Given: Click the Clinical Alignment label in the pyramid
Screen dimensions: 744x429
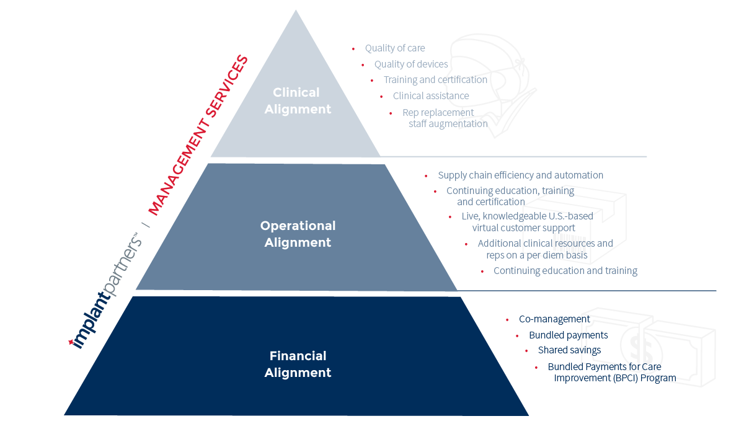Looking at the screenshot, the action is tap(298, 100).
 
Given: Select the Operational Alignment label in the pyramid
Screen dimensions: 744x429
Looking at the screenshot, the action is tap(298, 234).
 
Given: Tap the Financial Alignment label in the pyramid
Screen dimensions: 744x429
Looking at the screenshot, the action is tap(298, 364).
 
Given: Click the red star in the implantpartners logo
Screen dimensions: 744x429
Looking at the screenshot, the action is tap(71, 342).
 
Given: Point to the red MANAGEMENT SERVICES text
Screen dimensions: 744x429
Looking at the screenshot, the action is tap(198, 135).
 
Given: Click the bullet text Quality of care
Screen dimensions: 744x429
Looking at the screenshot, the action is tap(395, 48).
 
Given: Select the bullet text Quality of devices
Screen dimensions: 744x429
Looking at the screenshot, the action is tap(411, 64).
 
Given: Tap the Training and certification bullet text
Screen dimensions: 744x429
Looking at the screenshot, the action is tap(435, 80).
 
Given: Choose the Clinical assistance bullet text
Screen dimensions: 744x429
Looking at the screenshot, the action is tap(431, 95).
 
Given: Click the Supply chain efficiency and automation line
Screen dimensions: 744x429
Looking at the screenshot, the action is tap(520, 175).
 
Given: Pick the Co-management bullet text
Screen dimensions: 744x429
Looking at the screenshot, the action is tap(554, 319).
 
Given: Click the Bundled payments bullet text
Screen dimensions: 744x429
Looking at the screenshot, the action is tap(569, 335).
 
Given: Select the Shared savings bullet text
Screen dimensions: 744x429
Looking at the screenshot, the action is tap(569, 350).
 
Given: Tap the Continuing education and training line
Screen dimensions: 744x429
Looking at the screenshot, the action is tap(565, 271).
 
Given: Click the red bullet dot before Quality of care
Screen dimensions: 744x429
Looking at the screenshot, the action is tap(353, 49).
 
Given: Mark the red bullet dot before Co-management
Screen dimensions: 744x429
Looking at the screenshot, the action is tap(507, 320).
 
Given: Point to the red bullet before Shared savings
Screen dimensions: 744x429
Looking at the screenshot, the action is tap(526, 351).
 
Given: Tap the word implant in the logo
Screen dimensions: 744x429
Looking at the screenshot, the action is tap(91, 321).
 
